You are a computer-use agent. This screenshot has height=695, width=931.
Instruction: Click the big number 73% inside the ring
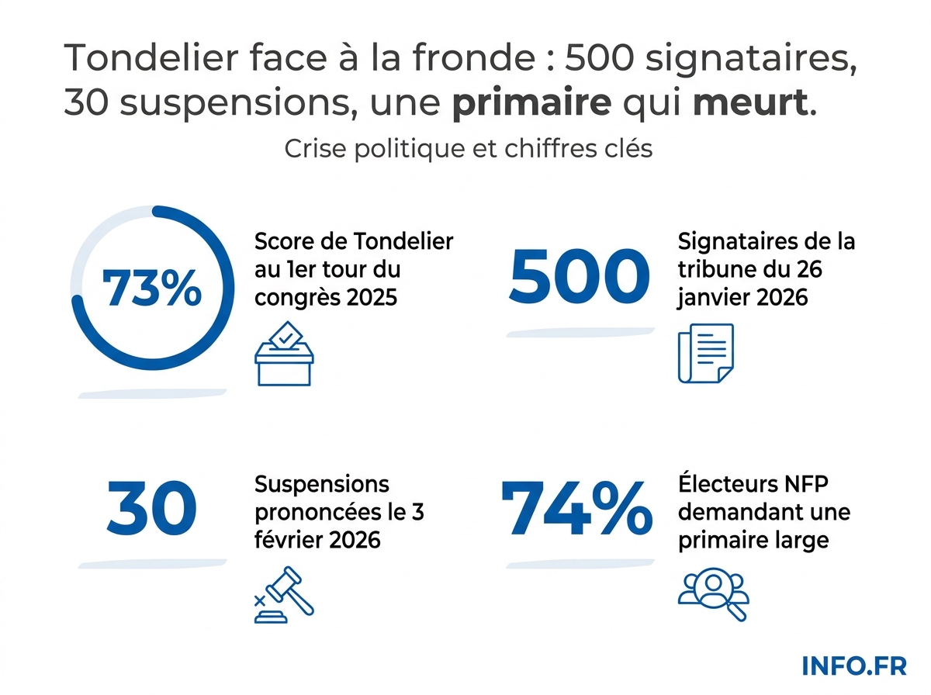pyautogui.click(x=152, y=288)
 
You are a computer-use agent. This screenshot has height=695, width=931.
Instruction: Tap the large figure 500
pyautogui.click(x=578, y=278)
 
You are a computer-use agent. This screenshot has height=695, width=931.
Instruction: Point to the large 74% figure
pyautogui.click(x=576, y=508)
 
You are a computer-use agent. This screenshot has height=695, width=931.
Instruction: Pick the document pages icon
pyautogui.click(x=705, y=353)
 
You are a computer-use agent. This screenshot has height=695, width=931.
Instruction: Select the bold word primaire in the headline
pyautogui.click(x=531, y=103)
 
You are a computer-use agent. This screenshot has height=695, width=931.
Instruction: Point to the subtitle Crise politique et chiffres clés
pyautogui.click(x=468, y=148)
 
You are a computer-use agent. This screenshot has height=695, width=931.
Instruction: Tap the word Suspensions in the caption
pyautogui.click(x=322, y=485)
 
